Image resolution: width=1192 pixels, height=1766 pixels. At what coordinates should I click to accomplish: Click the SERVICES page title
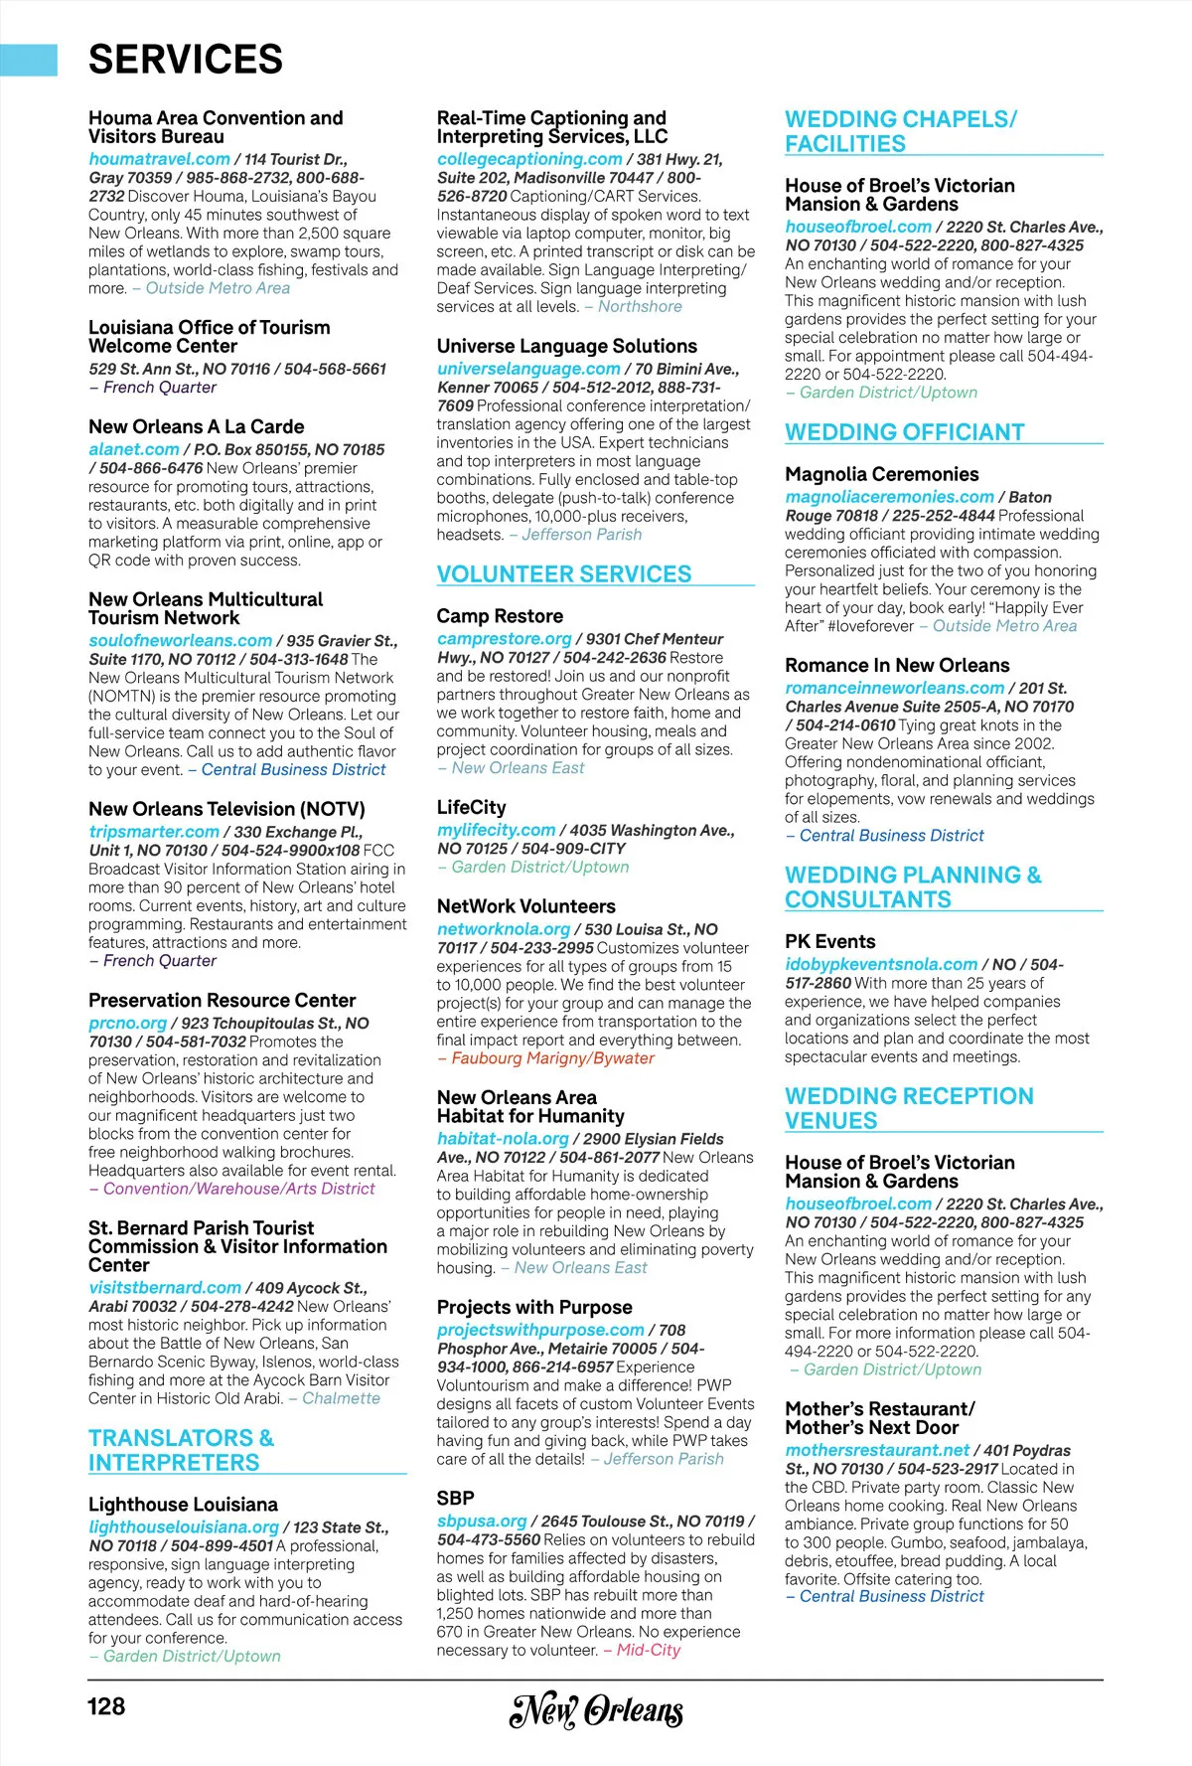click(x=186, y=60)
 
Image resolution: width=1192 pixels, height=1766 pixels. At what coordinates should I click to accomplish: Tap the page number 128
click(x=106, y=1706)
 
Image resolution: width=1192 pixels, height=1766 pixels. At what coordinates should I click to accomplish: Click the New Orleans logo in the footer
click(x=596, y=1709)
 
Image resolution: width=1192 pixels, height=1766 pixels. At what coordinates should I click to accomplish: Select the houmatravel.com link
click(x=159, y=159)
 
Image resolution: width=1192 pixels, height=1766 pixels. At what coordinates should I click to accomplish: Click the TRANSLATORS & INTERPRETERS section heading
click(x=181, y=1450)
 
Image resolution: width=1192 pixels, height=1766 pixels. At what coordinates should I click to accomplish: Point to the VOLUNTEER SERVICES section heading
click(x=564, y=574)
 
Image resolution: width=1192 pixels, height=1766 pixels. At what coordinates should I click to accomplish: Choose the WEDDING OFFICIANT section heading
click(x=904, y=432)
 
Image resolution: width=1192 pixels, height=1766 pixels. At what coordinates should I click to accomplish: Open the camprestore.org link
click(x=504, y=639)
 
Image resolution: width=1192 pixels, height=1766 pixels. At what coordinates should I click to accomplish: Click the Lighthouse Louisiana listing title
click(x=183, y=1505)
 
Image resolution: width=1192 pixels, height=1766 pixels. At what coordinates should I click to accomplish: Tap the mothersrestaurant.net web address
click(x=877, y=1450)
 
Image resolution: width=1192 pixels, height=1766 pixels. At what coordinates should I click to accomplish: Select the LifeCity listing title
click(x=471, y=808)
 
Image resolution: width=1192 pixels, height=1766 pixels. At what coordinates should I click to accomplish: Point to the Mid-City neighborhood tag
click(x=648, y=1650)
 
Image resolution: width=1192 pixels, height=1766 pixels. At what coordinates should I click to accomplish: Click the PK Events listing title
click(x=829, y=941)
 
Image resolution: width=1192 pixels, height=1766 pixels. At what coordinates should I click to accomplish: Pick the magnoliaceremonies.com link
click(x=889, y=497)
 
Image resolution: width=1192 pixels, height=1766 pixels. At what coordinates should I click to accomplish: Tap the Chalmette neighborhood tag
click(x=341, y=1398)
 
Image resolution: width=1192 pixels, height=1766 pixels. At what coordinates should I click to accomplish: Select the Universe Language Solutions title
click(x=566, y=346)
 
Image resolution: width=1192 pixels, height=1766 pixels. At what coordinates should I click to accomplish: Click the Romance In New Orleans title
click(x=896, y=666)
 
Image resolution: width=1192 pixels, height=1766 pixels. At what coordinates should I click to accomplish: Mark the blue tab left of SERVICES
click(x=28, y=60)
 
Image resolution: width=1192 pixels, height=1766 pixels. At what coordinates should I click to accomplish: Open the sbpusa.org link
click(x=482, y=1521)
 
